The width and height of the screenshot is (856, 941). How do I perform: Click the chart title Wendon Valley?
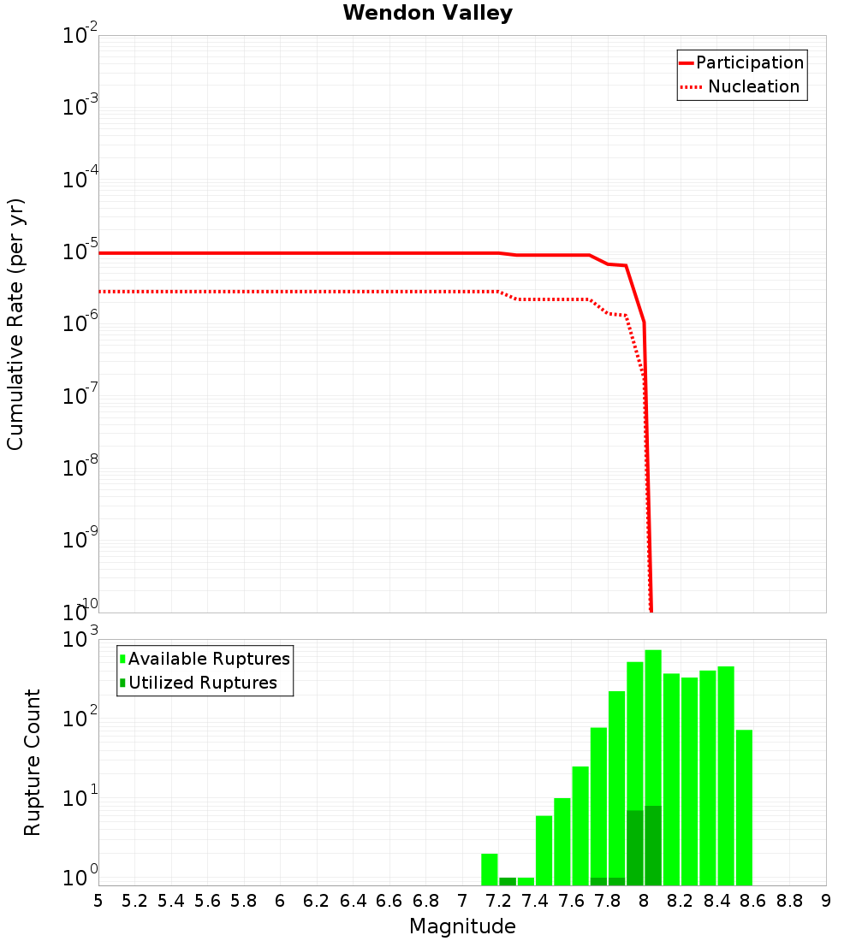pos(427,14)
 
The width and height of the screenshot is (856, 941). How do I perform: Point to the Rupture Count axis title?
pos(33,762)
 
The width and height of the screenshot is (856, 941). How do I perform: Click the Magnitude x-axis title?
pos(462,926)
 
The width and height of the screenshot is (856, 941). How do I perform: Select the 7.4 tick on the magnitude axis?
pos(535,901)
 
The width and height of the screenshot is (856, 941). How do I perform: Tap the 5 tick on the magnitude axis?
pos(98,901)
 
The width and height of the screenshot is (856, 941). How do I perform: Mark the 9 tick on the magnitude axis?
pos(826,901)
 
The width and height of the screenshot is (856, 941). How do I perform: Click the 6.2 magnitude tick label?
pos(317,901)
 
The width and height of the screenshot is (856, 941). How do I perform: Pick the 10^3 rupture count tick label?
pos(80,640)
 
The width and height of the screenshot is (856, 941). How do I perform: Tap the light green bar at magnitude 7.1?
pos(490,869)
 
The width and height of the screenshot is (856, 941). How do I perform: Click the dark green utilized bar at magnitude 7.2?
pos(508,881)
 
